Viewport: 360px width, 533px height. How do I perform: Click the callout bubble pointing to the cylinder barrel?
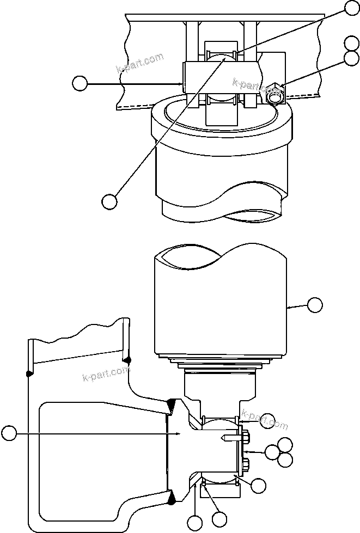[315, 305]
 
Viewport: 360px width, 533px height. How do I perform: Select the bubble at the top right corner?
[352, 8]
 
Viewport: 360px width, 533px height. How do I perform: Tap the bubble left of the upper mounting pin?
[80, 83]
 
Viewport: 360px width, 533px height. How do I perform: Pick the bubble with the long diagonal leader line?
[109, 200]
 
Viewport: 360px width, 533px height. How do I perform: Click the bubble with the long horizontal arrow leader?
[9, 433]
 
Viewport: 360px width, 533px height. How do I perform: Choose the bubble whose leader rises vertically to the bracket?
[194, 524]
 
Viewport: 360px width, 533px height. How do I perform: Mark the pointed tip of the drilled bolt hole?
[222, 438]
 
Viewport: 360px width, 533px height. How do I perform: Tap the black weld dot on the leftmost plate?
[28, 373]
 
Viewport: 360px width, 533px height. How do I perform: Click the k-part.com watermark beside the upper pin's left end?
[139, 64]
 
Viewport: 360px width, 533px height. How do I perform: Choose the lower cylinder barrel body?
[221, 305]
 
